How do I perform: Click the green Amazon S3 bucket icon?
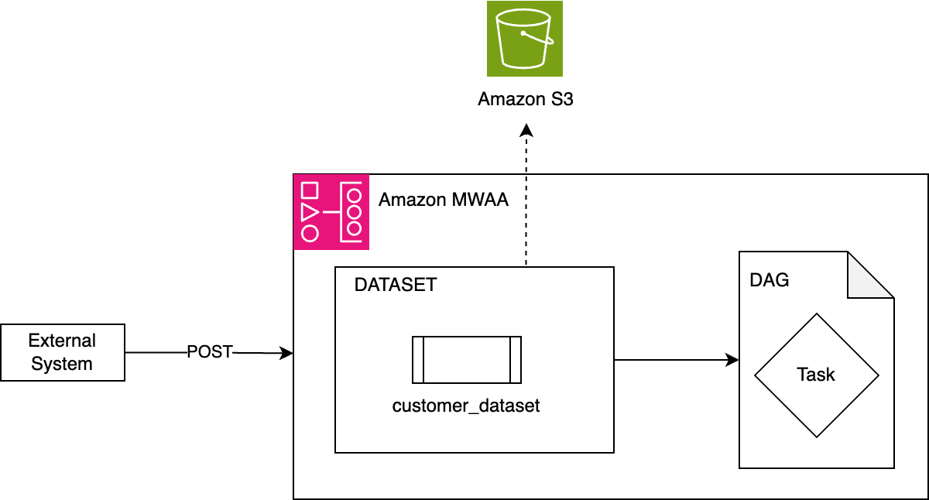pyautogui.click(x=525, y=39)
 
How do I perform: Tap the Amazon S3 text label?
pyautogui.click(x=526, y=99)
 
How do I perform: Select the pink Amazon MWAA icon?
pyautogui.click(x=331, y=212)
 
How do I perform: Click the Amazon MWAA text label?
pyautogui.click(x=444, y=200)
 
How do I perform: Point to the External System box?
pyautogui.click(x=63, y=352)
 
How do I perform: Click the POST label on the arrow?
pyautogui.click(x=210, y=352)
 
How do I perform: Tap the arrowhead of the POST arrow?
pyautogui.click(x=286, y=353)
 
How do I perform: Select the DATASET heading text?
pyautogui.click(x=396, y=285)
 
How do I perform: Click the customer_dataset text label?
pyautogui.click(x=466, y=406)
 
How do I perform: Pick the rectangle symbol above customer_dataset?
pyautogui.click(x=467, y=360)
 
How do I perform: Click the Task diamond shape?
pyautogui.click(x=817, y=375)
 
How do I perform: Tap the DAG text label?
pyautogui.click(x=770, y=280)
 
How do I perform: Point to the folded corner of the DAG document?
pyautogui.click(x=870, y=275)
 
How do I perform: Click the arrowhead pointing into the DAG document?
pyautogui.click(x=732, y=360)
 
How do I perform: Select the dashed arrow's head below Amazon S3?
pyautogui.click(x=526, y=130)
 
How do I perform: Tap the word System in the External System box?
pyautogui.click(x=62, y=364)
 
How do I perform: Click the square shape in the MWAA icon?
pyautogui.click(x=310, y=190)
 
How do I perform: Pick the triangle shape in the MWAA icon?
pyautogui.click(x=310, y=212)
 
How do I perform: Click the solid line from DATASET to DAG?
pyautogui.click(x=677, y=360)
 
